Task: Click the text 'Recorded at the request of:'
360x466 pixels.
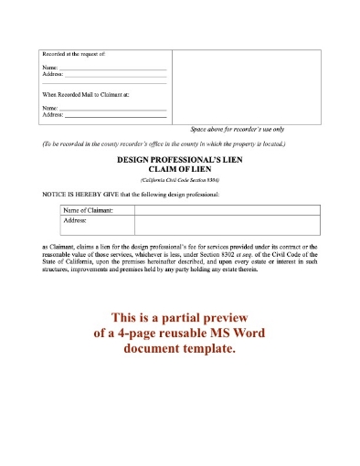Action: (68, 57)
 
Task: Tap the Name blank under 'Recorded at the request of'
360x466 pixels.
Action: (112, 69)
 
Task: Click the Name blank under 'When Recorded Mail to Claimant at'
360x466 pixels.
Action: (112, 109)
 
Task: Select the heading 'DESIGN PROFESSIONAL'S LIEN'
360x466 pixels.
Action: (179, 159)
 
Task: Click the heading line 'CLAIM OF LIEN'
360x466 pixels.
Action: (179, 169)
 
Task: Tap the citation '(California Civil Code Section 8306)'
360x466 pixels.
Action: (179, 180)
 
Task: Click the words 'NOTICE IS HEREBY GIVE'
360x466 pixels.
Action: (81, 196)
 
